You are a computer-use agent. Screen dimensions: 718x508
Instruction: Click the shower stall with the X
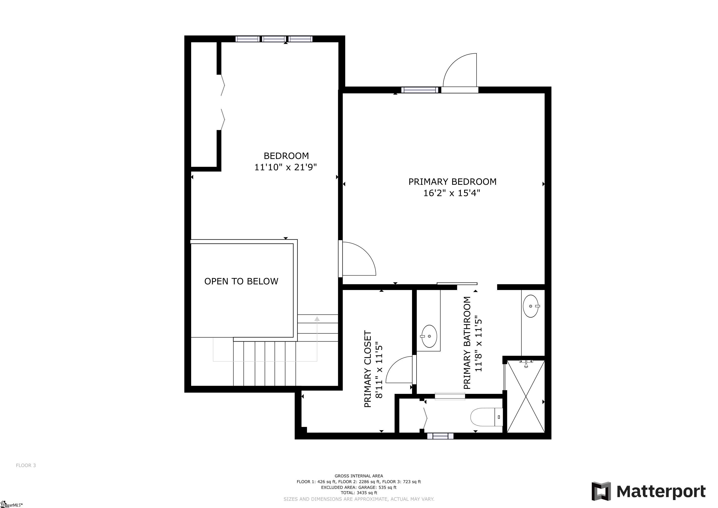(526, 396)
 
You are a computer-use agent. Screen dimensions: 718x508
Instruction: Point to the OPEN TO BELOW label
(241, 281)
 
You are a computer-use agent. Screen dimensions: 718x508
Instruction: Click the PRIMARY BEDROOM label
(452, 182)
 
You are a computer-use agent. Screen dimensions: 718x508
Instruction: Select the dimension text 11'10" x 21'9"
(286, 167)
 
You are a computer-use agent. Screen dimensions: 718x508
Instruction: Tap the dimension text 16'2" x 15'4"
(451, 193)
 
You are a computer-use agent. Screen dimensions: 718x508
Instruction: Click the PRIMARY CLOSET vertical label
(368, 369)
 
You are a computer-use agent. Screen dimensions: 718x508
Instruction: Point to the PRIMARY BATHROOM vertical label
(467, 343)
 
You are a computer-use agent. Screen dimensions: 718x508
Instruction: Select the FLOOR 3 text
(26, 465)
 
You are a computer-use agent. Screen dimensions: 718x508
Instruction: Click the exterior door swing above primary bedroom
(460, 70)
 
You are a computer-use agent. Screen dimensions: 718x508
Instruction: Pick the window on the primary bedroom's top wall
(419, 90)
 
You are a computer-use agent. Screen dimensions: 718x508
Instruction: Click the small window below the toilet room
(440, 436)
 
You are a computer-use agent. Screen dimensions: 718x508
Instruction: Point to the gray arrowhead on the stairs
(317, 319)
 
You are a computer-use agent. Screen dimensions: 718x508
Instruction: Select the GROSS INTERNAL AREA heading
(359, 476)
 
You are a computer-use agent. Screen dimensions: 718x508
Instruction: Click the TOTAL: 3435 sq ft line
(359, 493)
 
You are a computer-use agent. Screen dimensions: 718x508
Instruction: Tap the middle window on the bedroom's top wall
(274, 39)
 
